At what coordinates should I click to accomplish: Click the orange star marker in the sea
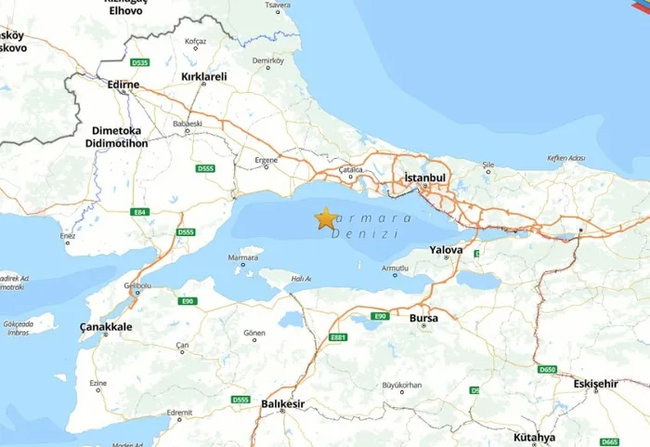pyautogui.click(x=325, y=218)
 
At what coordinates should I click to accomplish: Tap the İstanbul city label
pyautogui.click(x=426, y=177)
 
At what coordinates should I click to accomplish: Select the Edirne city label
pyautogui.click(x=123, y=85)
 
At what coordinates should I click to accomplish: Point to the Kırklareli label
pyautogui.click(x=204, y=76)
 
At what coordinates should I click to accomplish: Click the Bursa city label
pyautogui.click(x=423, y=318)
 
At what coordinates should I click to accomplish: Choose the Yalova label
pyautogui.click(x=446, y=250)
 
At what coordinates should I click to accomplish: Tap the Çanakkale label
pyautogui.click(x=106, y=327)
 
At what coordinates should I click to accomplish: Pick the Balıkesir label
pyautogui.click(x=283, y=404)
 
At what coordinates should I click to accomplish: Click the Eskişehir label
pyautogui.click(x=595, y=383)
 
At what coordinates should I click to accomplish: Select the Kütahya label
pyautogui.click(x=534, y=437)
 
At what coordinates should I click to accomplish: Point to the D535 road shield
pyautogui.click(x=141, y=62)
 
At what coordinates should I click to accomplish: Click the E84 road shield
pyautogui.click(x=140, y=213)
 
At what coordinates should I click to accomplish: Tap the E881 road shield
pyautogui.click(x=338, y=337)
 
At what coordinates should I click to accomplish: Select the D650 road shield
pyautogui.click(x=547, y=370)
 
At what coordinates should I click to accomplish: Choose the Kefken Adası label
pyautogui.click(x=565, y=158)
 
